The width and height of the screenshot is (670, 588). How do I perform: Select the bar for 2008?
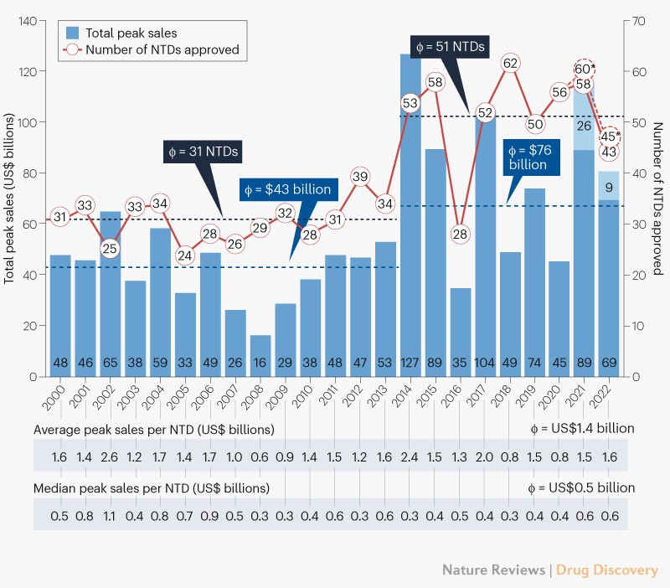260,356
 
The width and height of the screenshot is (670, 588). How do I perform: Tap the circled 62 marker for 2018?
511,63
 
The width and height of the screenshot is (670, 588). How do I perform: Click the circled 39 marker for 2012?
360,177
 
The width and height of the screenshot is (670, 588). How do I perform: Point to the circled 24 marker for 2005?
185,255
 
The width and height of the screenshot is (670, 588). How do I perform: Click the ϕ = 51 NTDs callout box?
449,46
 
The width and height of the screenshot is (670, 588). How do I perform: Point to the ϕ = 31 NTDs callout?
200,152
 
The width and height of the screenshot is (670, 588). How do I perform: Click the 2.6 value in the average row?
110,456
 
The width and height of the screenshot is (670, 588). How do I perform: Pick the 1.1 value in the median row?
110,514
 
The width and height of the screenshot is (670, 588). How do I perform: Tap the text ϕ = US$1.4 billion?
576,428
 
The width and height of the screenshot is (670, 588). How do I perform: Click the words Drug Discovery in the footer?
606,570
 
